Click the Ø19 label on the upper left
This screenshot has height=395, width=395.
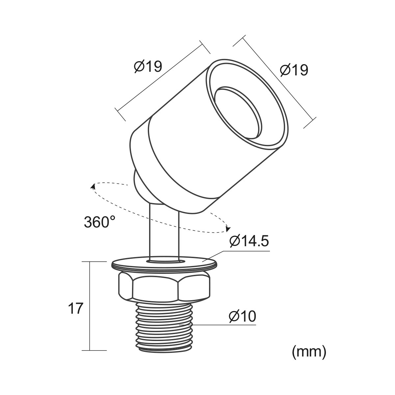pyautogui.click(x=148, y=66)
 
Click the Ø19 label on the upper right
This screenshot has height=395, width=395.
pyautogui.click(x=294, y=70)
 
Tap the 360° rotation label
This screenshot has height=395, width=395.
pyautogui.click(x=100, y=222)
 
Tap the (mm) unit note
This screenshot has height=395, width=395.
pyautogui.click(x=309, y=357)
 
